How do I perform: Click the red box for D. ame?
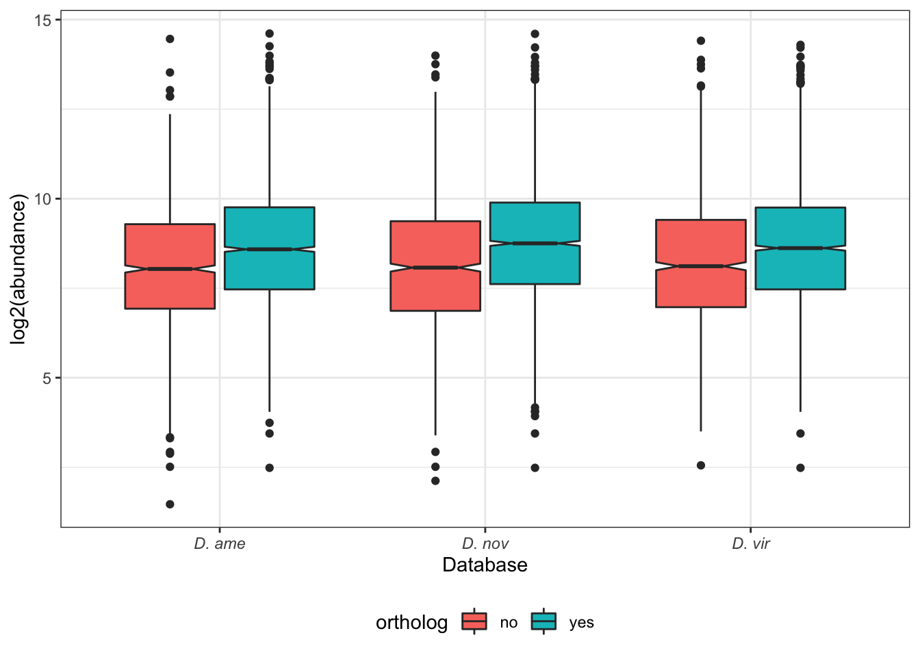(170, 266)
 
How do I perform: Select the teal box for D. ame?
(269, 248)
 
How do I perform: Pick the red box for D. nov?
(435, 266)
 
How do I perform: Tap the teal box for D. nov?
(535, 243)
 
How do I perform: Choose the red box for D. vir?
(700, 263)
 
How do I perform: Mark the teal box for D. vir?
(800, 248)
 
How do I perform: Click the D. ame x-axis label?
(220, 544)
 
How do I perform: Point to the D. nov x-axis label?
(485, 544)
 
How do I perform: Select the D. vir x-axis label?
(750, 544)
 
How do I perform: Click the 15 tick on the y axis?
(42, 21)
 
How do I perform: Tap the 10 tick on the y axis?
(42, 199)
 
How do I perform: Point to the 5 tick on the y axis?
(47, 378)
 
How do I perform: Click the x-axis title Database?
(485, 565)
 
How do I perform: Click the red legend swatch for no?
(474, 621)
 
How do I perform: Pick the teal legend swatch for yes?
(544, 621)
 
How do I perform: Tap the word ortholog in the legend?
(411, 623)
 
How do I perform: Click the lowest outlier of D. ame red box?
(170, 504)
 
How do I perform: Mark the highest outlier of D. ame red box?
(170, 39)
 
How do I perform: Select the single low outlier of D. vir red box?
(700, 465)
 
